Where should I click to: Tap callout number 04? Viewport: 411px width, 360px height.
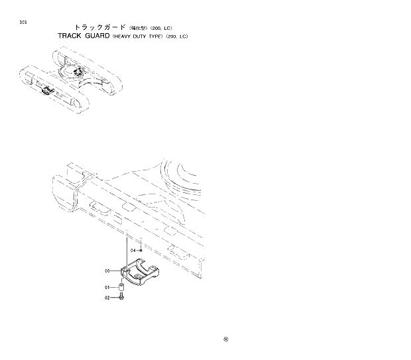point(133,251)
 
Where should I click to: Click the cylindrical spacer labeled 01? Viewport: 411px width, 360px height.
point(122,288)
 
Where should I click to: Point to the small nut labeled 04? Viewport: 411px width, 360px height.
point(141,251)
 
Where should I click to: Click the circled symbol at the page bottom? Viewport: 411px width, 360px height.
point(226,339)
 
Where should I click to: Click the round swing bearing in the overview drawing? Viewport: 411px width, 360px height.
point(70,71)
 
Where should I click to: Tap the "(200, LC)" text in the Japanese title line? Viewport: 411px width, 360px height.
point(160,27)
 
